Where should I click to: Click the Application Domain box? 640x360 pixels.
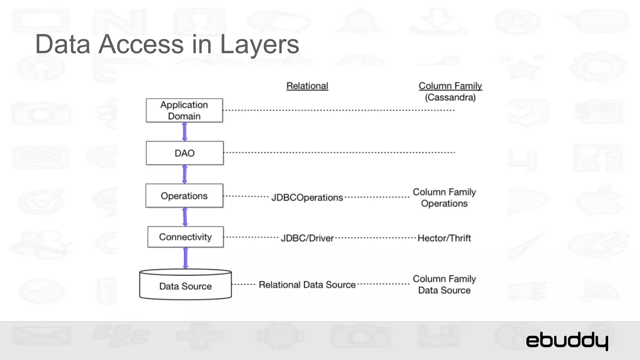(x=184, y=110)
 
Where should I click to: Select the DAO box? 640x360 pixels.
(x=185, y=153)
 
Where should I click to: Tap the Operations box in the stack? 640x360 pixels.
(x=184, y=196)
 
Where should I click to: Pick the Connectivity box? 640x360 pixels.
(x=185, y=237)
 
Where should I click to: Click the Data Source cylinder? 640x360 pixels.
(x=185, y=286)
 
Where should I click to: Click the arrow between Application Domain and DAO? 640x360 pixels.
(x=185, y=132)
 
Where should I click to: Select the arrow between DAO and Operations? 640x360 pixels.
(x=185, y=174)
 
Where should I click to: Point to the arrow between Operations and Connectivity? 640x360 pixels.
(x=185, y=217)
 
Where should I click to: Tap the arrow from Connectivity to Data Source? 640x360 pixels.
(x=186, y=258)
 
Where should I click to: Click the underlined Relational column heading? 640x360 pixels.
(x=307, y=86)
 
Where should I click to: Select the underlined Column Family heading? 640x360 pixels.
(x=450, y=86)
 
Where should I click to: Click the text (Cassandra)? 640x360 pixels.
(x=450, y=97)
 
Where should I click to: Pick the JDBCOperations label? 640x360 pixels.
(x=307, y=197)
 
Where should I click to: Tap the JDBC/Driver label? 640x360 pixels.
(x=307, y=238)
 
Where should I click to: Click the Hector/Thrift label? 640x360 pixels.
(x=444, y=238)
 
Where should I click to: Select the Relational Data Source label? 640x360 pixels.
(x=307, y=285)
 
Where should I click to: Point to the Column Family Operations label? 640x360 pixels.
(x=444, y=197)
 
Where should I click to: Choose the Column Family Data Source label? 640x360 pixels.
(x=444, y=284)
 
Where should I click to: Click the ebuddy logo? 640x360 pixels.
(x=567, y=341)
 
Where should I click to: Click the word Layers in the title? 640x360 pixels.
(x=259, y=44)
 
